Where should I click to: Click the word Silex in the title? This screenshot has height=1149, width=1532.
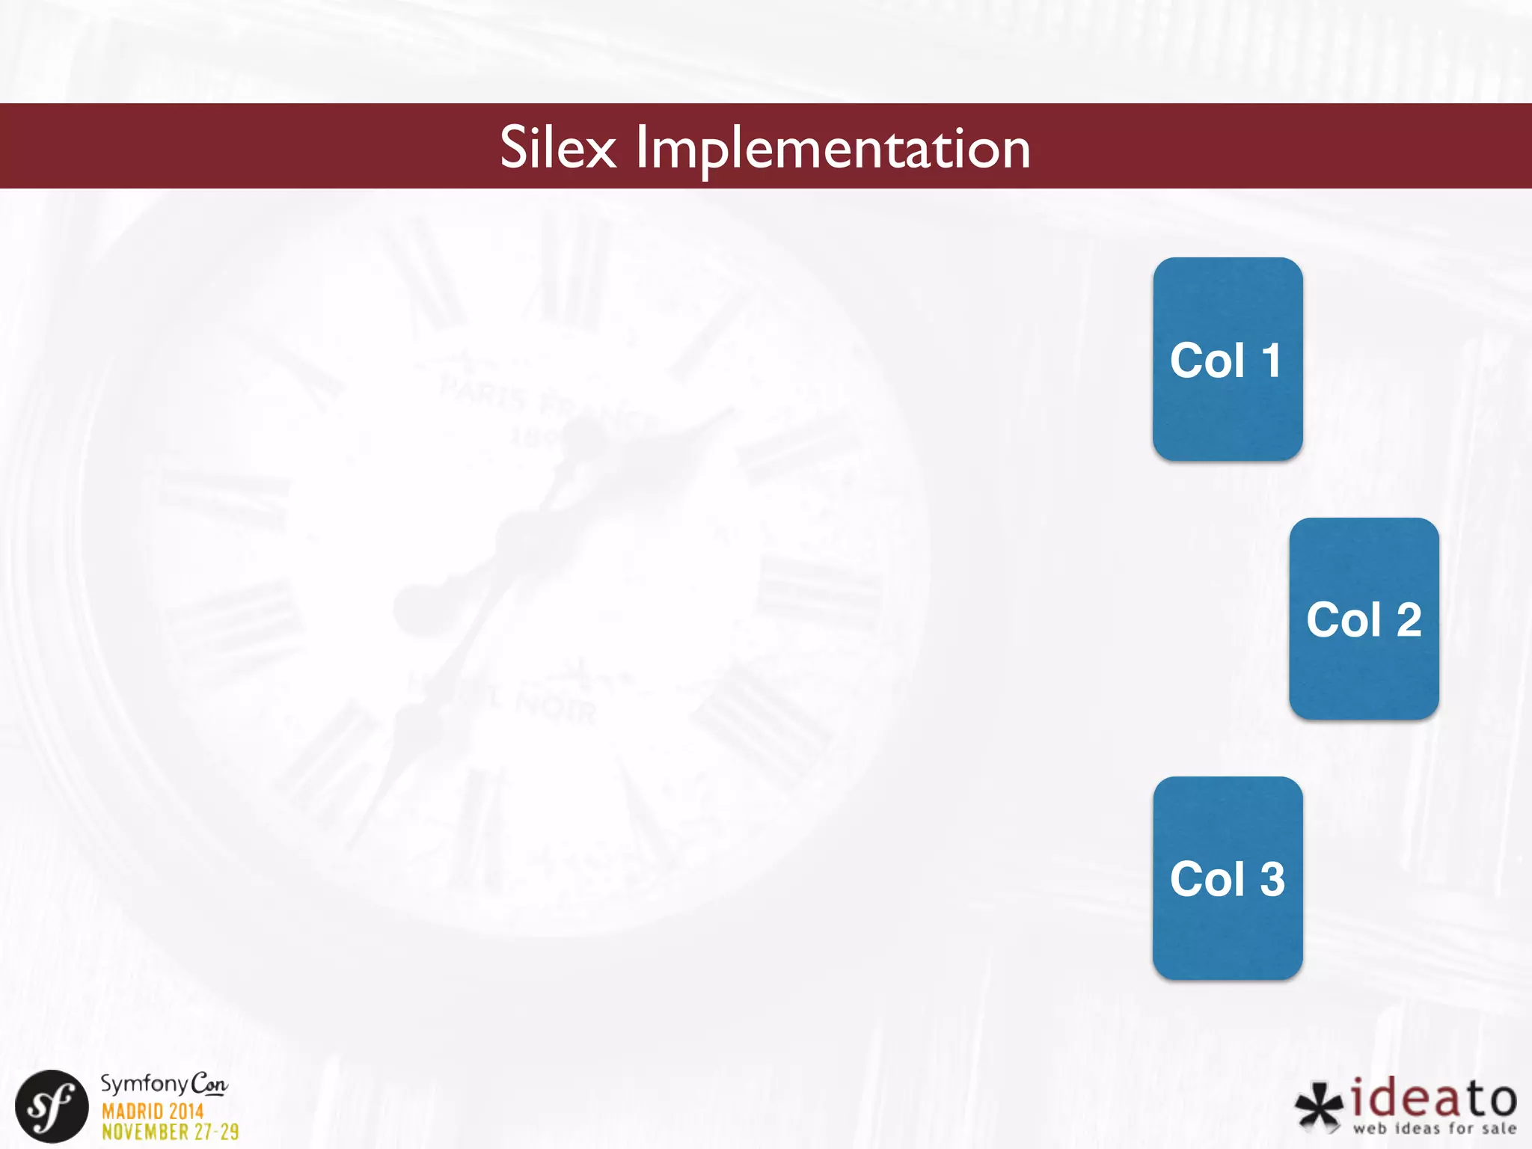click(558, 147)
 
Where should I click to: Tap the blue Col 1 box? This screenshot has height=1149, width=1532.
click(1228, 359)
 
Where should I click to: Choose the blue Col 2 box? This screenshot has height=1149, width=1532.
click(1364, 619)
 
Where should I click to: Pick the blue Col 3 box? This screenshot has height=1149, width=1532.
click(1228, 878)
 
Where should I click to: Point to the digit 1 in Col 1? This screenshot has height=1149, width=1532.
click(1271, 361)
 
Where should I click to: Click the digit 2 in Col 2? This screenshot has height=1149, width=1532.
click(1409, 620)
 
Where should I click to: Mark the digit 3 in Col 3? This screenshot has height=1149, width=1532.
click(1272, 879)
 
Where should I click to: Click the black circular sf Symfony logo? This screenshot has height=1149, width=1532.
click(52, 1106)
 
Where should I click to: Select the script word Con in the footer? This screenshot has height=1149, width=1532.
click(209, 1084)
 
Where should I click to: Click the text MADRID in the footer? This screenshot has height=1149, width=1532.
click(128, 1112)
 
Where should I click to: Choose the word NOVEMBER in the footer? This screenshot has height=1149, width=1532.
click(145, 1132)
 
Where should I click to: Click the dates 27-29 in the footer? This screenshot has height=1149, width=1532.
click(217, 1132)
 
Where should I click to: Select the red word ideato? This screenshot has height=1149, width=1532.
click(1434, 1098)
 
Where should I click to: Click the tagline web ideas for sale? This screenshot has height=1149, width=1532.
click(1434, 1128)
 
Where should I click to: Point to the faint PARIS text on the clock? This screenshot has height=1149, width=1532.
click(483, 393)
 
